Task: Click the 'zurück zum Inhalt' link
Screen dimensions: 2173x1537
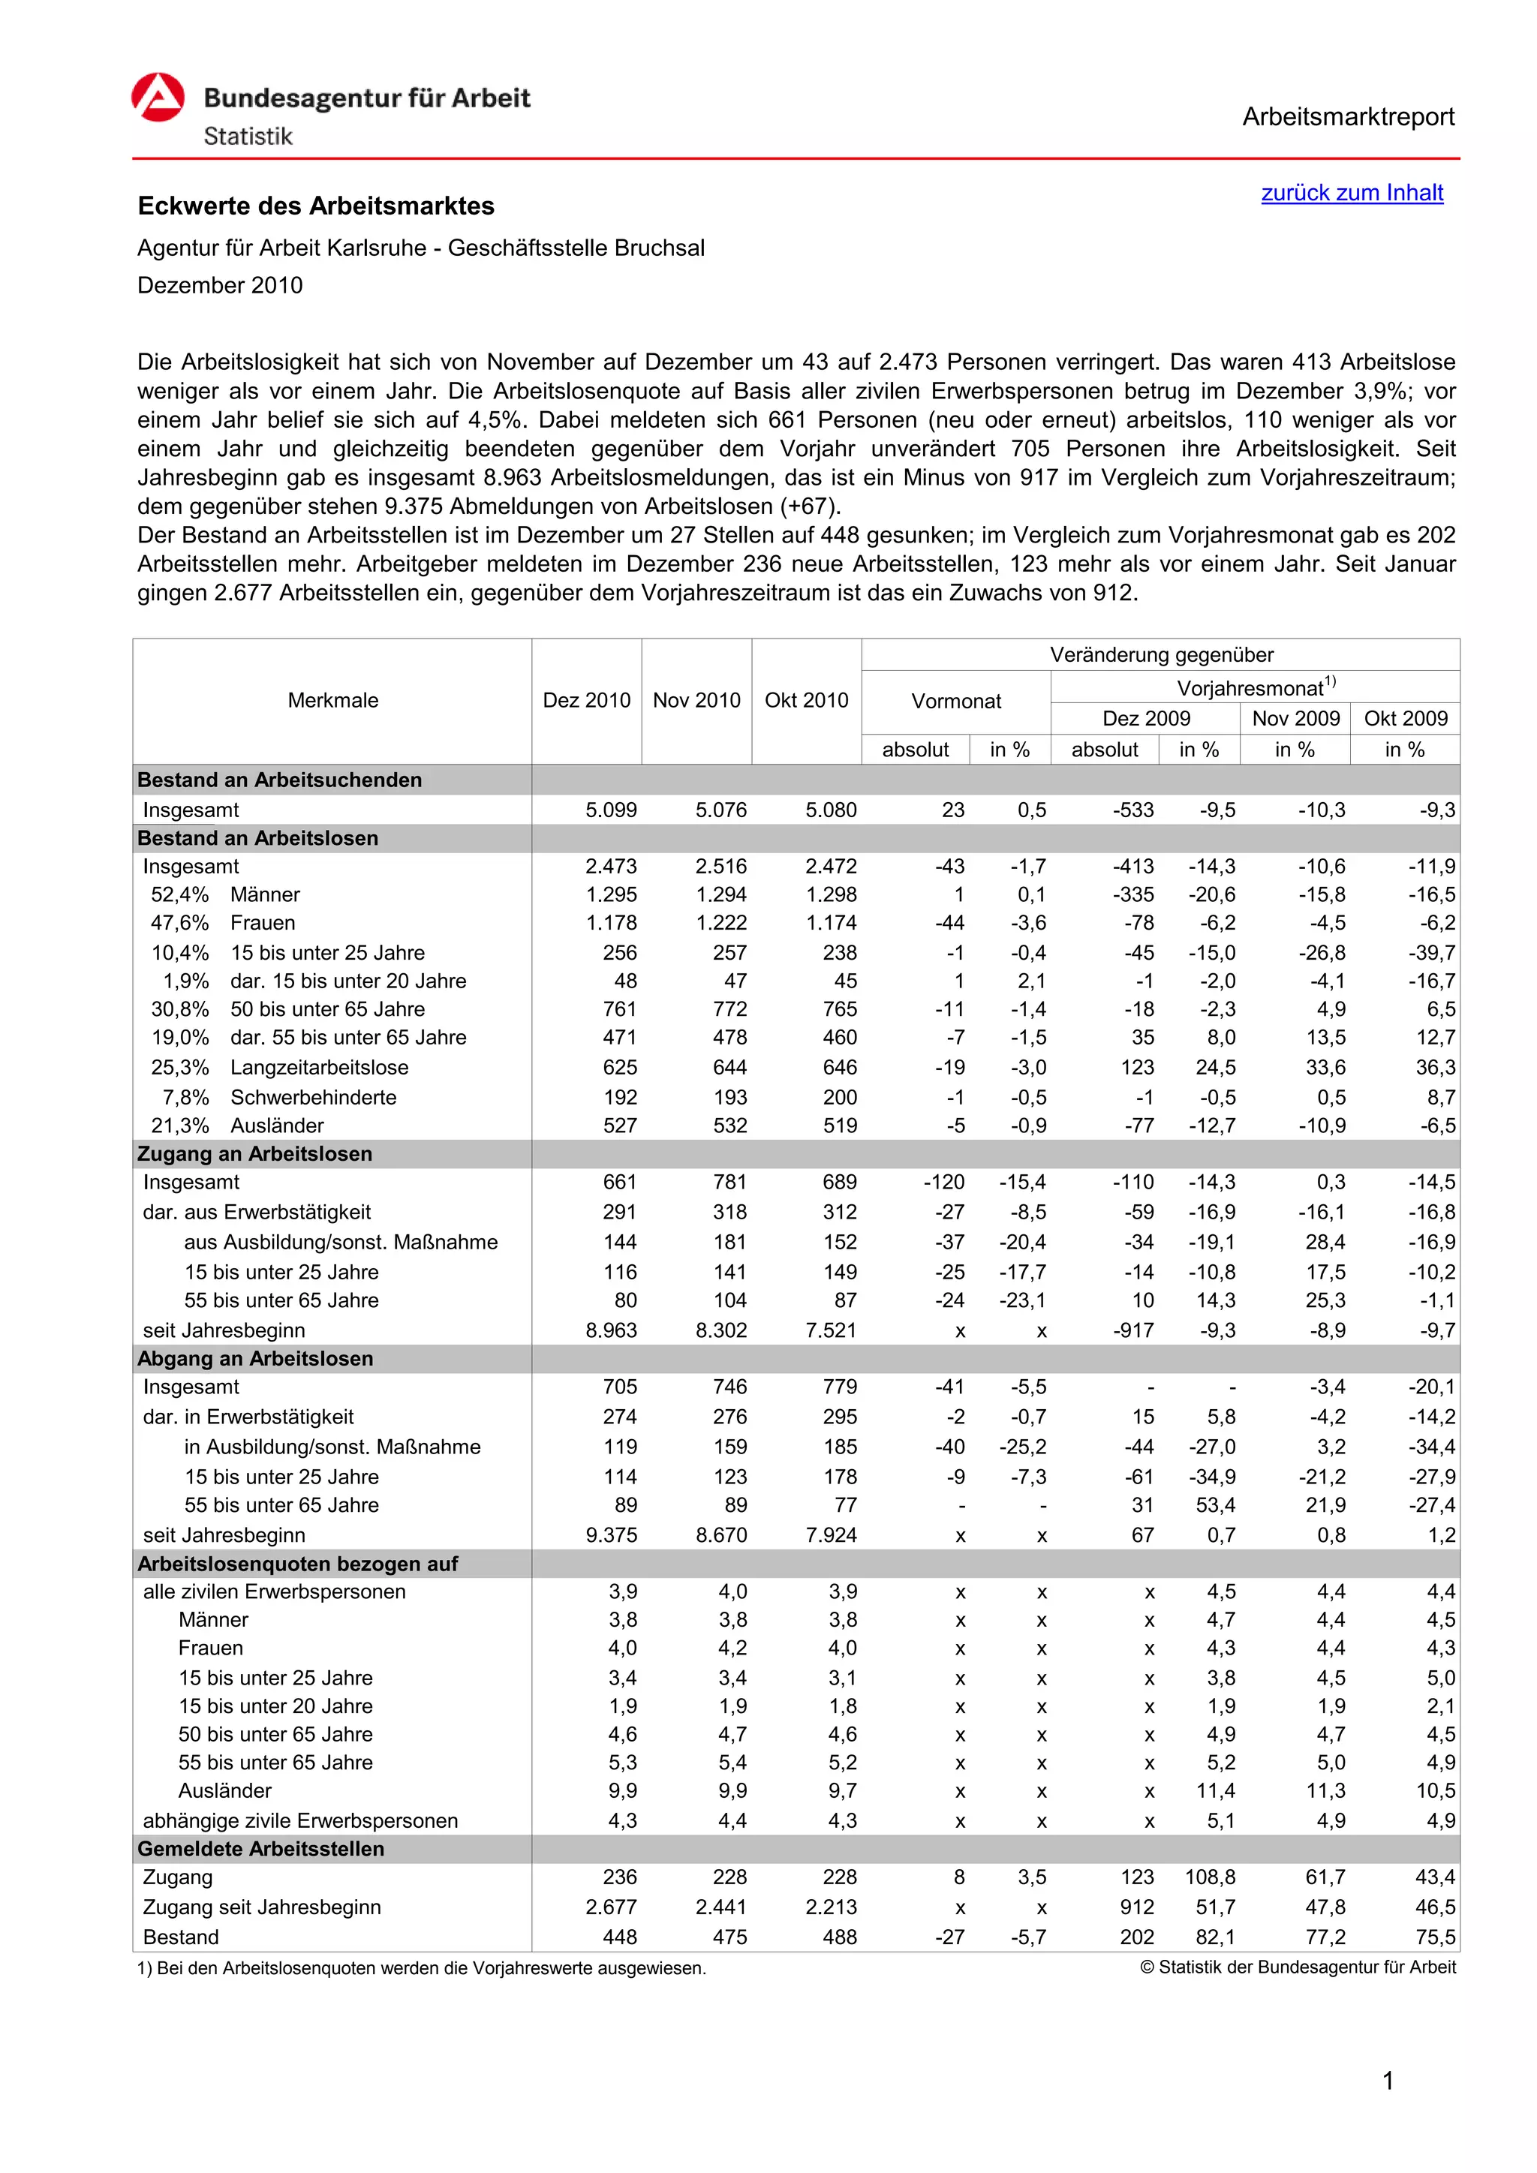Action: [x=1352, y=193]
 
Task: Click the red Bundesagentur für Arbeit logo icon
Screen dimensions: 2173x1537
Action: [x=158, y=98]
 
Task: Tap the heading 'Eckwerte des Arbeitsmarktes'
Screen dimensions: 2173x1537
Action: [x=316, y=206]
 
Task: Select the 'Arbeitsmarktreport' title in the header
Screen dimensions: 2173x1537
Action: [x=1348, y=117]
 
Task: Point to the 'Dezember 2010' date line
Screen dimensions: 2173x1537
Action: [x=220, y=286]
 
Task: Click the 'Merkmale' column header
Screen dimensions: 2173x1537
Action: [x=332, y=700]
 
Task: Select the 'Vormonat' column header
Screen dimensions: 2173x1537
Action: [x=956, y=702]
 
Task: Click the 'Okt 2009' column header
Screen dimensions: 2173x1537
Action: [x=1406, y=718]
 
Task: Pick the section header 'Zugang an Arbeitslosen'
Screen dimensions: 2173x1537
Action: [x=254, y=1154]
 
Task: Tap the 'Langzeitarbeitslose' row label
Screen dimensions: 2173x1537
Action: [x=319, y=1068]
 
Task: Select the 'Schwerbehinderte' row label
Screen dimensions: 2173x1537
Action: [x=313, y=1098]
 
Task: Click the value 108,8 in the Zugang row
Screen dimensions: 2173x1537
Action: [x=1210, y=1877]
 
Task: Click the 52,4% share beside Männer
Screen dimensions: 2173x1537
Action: [x=180, y=895]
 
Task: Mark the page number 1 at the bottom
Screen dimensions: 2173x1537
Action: [x=1388, y=2080]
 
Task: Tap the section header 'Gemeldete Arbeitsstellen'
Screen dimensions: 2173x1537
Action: [x=260, y=1848]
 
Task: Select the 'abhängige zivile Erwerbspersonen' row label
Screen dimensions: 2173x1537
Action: [x=300, y=1821]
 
